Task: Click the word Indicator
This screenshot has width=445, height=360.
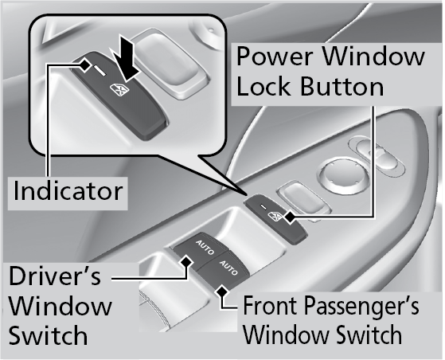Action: click(x=68, y=191)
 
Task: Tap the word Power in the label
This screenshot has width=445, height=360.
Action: click(x=275, y=57)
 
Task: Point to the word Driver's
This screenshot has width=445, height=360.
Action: click(x=55, y=276)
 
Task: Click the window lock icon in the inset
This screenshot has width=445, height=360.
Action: click(x=119, y=88)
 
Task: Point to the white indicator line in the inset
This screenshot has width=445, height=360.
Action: click(x=100, y=70)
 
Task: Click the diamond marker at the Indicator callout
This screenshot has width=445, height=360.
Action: click(x=84, y=65)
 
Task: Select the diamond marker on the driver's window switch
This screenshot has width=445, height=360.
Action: click(x=186, y=261)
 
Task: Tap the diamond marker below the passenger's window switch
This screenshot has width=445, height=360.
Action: click(x=222, y=292)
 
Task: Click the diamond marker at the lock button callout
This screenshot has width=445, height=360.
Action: click(x=290, y=217)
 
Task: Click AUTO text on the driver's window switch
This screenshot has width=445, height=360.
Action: click(x=205, y=248)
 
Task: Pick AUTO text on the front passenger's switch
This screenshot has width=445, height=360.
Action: click(x=228, y=268)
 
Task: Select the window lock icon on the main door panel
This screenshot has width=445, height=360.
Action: click(x=275, y=217)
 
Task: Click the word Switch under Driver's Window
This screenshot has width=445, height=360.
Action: click(x=49, y=335)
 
